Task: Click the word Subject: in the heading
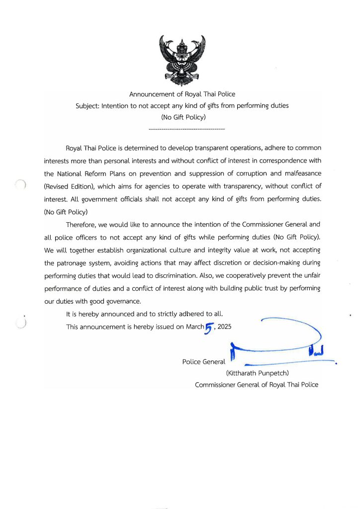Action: click(x=88, y=106)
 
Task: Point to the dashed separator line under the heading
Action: click(x=187, y=129)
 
